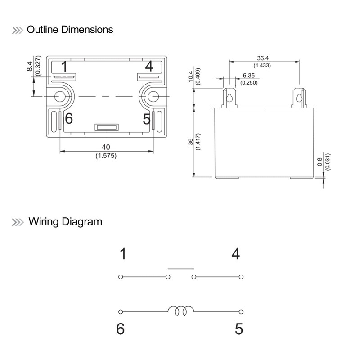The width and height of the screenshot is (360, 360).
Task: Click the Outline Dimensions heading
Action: pos(70,30)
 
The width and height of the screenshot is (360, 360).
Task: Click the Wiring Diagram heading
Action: pos(65,221)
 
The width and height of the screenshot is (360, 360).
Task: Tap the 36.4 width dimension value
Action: pos(263,58)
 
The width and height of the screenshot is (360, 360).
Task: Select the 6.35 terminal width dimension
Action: pos(249,76)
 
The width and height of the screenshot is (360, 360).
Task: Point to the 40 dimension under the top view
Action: pos(106,147)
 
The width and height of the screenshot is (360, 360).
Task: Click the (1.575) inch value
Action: pos(106,156)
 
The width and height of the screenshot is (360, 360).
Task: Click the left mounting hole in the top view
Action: pos(60,96)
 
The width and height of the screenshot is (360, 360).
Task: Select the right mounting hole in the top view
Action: pos(153,96)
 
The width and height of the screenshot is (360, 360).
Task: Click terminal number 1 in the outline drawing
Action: pos(64,67)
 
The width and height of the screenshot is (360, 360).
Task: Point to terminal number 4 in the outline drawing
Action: pos(149,67)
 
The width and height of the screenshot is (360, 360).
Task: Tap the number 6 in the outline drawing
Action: pos(68,119)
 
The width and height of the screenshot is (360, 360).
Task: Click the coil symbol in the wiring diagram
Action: pos(181,310)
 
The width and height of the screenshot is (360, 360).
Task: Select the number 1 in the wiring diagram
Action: pos(123,254)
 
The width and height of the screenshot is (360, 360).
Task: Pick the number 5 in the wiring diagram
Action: pos(238,329)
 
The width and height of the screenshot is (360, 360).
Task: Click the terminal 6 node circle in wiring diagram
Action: pos(121,311)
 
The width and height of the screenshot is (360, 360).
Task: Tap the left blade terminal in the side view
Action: pos(229,98)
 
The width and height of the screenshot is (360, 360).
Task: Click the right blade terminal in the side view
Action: pos(298,98)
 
